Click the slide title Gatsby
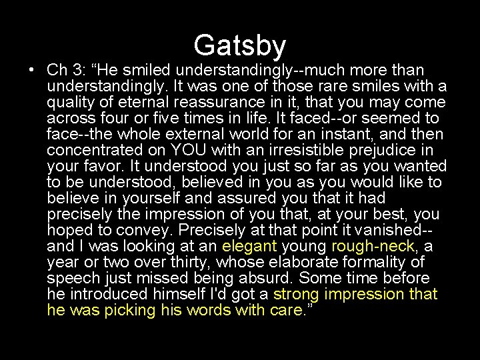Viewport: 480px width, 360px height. (240, 45)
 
